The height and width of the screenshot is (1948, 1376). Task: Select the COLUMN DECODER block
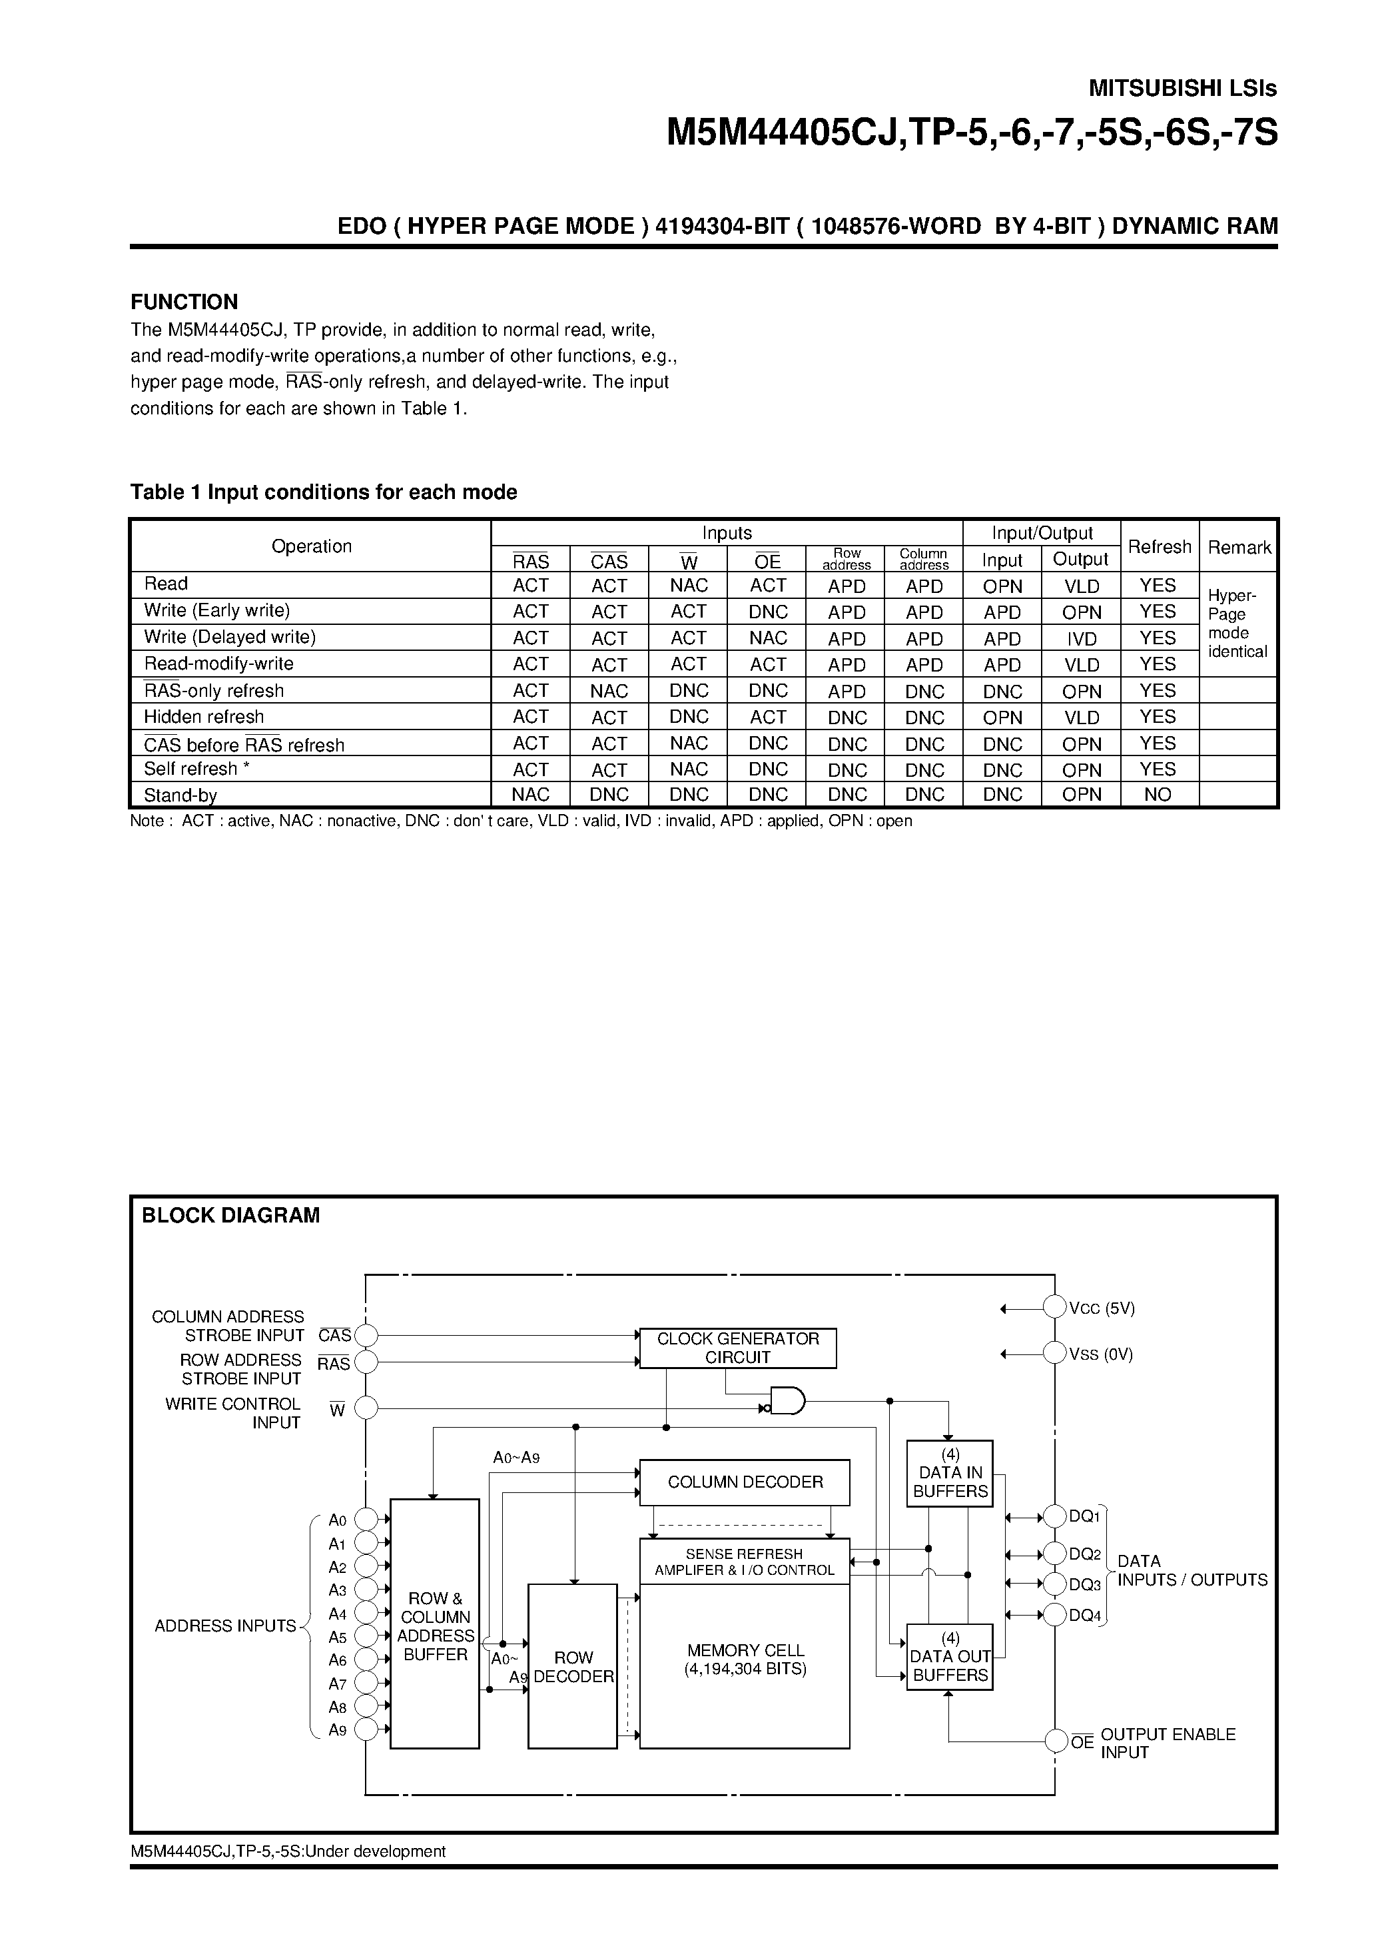744,1482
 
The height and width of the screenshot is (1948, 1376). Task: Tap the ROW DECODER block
573,1666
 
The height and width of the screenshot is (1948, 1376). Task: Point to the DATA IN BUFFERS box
949,1473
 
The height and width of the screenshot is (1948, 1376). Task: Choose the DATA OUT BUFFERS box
949,1657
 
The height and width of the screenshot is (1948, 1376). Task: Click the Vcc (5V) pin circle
1054,1307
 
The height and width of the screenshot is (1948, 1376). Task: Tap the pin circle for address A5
366,1636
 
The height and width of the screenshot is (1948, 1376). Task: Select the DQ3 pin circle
1054,1584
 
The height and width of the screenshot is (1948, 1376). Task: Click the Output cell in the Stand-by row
1081,795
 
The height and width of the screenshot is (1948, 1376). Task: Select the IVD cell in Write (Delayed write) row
1081,638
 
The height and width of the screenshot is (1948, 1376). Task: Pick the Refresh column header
1159,546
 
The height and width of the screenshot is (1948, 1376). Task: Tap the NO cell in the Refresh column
1157,795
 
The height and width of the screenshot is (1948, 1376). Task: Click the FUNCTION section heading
184,302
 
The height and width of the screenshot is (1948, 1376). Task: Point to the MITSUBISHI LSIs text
1182,88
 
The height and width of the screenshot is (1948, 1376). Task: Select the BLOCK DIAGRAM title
230,1216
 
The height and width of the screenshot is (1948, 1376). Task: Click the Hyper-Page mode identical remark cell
1237,624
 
